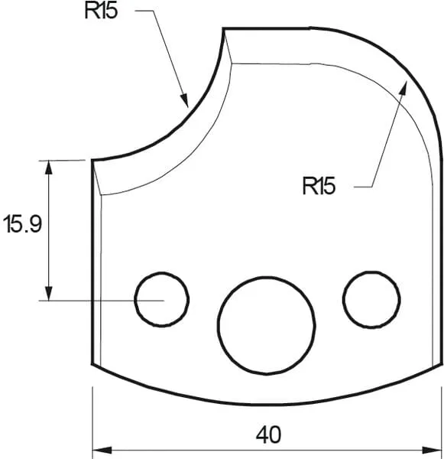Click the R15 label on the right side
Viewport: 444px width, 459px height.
click(319, 186)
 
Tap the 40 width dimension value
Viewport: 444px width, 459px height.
click(268, 435)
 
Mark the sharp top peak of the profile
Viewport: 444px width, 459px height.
click(223, 30)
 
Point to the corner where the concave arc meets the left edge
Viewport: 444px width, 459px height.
click(92, 161)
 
